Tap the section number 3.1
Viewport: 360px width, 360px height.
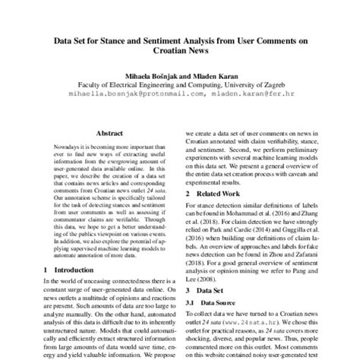pyautogui.click(x=191, y=304)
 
